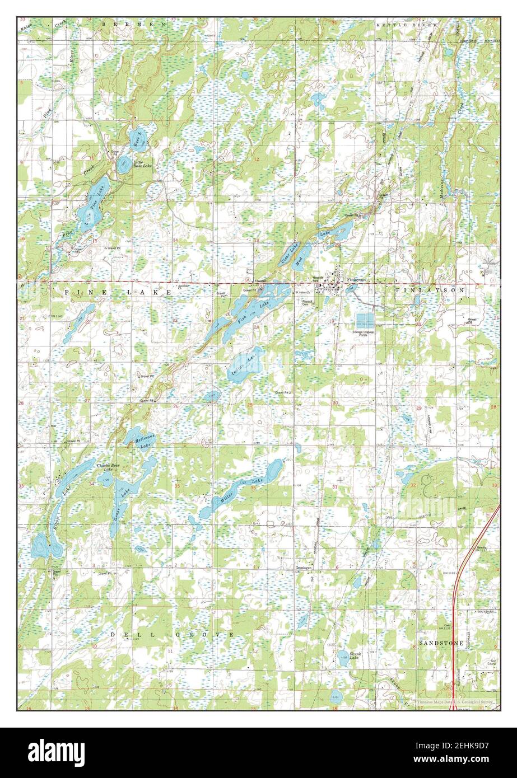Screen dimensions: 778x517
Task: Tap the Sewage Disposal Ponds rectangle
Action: pos(365,320)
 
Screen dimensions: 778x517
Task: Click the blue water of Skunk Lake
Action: pos(343,660)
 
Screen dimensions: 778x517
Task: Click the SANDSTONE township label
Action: pos(441,644)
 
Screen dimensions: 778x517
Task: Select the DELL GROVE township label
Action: pos(172,634)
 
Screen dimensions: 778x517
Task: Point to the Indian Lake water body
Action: pos(244,367)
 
